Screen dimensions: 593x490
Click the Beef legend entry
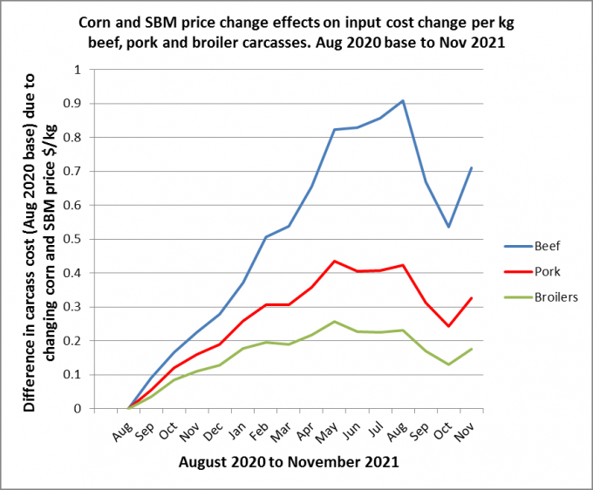coord(532,246)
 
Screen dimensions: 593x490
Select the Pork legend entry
coord(532,271)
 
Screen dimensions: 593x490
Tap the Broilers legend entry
coord(541,297)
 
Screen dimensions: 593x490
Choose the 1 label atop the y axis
coord(78,70)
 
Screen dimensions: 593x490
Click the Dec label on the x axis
coord(213,431)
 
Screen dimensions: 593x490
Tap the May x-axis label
coord(326,432)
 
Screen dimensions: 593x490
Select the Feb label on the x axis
coord(259,431)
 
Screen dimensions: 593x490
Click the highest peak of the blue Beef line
coord(403,100)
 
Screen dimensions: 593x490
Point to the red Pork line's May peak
coord(334,261)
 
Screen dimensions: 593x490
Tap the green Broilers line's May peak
coord(334,322)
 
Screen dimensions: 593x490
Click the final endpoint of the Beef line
coord(472,167)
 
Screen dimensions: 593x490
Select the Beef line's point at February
coord(266,237)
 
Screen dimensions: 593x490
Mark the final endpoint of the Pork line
coord(472,298)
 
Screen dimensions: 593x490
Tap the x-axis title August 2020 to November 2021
coord(289,462)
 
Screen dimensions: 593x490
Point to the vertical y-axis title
coord(40,242)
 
